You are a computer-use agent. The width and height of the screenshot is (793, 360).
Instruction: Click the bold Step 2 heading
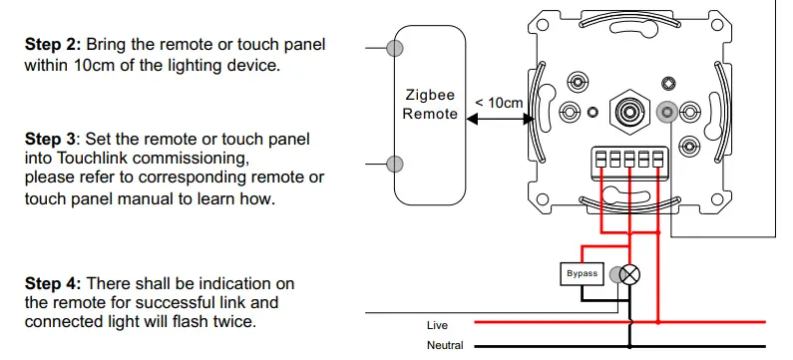(x=52, y=46)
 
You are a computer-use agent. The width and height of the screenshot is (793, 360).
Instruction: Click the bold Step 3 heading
(x=52, y=139)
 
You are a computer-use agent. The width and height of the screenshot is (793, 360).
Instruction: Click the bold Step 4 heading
(x=52, y=284)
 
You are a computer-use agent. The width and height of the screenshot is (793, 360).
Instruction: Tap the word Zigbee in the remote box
(x=430, y=96)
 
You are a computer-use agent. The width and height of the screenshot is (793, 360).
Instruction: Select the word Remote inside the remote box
(x=430, y=114)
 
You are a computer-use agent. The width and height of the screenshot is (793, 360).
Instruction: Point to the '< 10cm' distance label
(x=499, y=103)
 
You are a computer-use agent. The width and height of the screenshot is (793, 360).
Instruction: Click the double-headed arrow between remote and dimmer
(x=499, y=120)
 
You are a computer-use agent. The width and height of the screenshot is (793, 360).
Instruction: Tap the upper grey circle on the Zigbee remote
(x=396, y=47)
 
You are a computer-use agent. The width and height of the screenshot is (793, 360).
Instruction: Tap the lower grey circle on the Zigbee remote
(x=396, y=163)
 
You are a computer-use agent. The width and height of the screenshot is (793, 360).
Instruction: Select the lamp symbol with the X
(x=630, y=273)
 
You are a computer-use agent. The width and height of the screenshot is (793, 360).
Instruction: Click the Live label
(x=438, y=325)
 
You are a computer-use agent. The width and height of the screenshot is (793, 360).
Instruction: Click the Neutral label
(x=445, y=345)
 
